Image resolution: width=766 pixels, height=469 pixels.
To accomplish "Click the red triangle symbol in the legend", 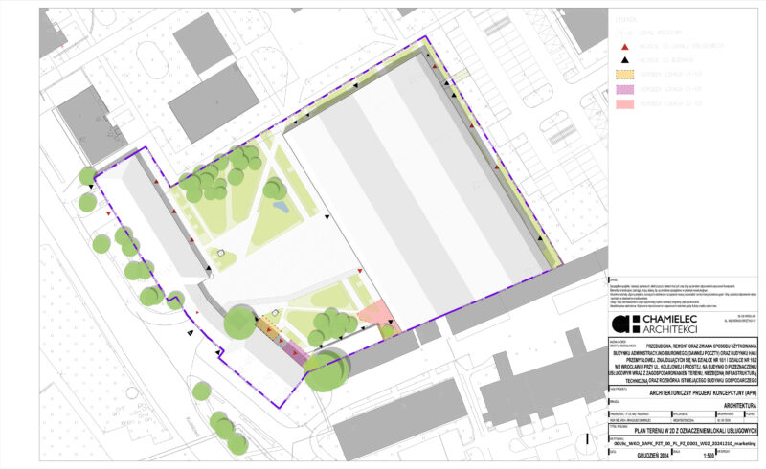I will tap(624, 45).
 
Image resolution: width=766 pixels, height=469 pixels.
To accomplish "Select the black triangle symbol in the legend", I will tap(624, 59).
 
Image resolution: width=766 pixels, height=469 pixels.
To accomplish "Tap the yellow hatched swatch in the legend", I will tap(624, 73).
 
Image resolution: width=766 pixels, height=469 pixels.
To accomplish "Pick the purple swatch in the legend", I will tap(624, 87).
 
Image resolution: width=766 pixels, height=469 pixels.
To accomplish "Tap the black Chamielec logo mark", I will tap(622, 324).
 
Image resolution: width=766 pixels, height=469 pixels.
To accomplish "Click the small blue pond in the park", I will tap(279, 205).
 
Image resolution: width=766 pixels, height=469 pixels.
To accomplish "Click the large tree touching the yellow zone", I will tap(241, 323).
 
